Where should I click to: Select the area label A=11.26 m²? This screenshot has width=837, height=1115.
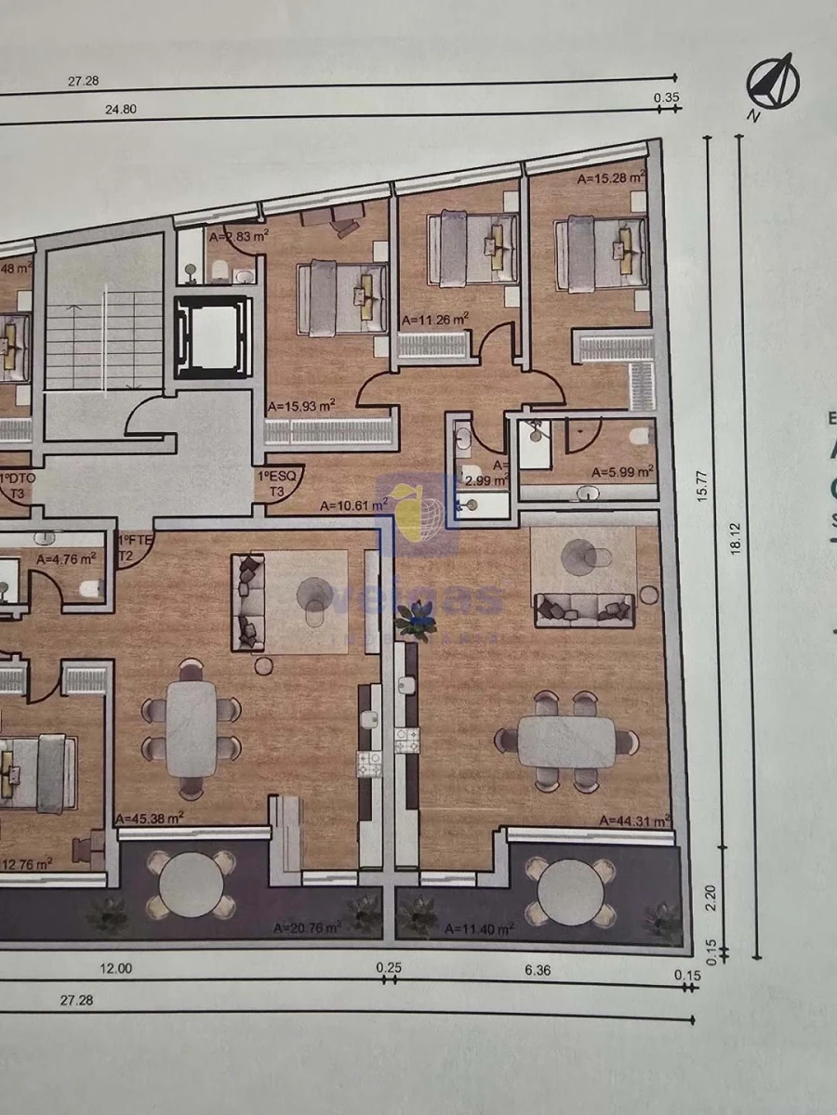434,319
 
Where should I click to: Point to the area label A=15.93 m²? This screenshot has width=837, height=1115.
300,406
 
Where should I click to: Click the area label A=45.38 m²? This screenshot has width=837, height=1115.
150,818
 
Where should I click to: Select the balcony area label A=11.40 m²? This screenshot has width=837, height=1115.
479,927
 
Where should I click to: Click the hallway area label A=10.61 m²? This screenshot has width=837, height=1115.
352,506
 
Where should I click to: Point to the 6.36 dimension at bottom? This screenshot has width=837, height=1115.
538,969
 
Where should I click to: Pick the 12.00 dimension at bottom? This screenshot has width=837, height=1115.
117,967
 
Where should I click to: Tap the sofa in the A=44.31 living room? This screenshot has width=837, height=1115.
583,610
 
